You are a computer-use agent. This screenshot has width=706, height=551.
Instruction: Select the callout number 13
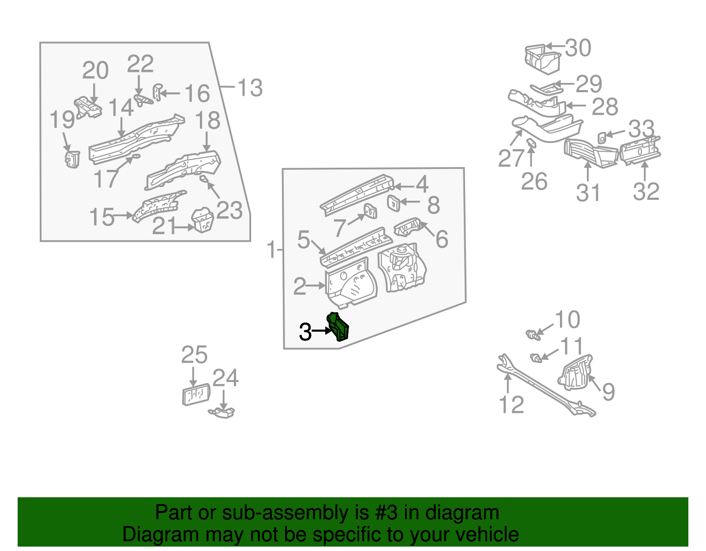[x=250, y=87]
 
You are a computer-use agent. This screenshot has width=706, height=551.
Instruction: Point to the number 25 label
[x=194, y=355]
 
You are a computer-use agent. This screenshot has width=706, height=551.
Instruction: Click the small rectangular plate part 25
[x=196, y=394]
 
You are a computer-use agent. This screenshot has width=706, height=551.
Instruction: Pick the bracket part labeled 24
[x=222, y=413]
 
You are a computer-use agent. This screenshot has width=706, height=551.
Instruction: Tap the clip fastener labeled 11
[x=535, y=358]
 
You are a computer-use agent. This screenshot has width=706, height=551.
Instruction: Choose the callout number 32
[x=646, y=191]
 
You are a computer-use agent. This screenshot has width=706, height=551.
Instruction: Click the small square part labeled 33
[x=602, y=138]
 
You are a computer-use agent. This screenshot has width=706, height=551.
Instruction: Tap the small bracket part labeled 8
[x=393, y=203]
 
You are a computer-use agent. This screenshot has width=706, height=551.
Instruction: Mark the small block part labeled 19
[x=72, y=159]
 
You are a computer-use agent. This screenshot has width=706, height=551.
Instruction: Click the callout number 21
[x=164, y=227]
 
